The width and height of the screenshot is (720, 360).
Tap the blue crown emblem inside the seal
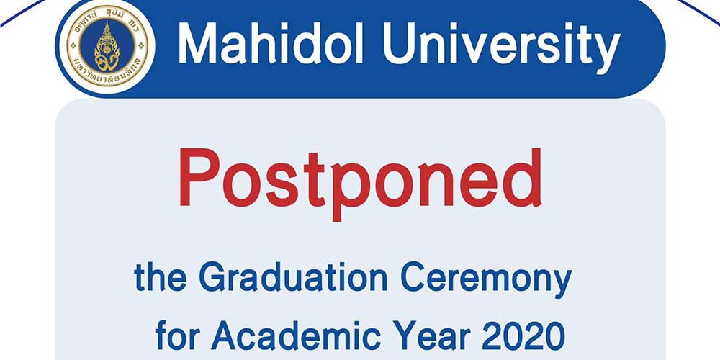pos(107,45)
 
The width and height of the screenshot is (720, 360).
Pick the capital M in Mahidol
pos(198,45)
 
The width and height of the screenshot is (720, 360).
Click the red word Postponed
pos(360,179)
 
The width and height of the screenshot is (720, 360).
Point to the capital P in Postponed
pos(198,176)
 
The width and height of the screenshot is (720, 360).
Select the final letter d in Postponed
pos(522,176)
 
